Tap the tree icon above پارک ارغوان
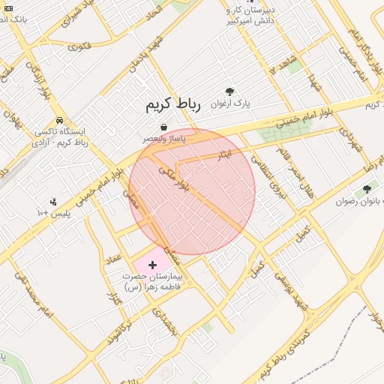(229, 91)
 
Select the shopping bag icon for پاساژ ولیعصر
(163, 128)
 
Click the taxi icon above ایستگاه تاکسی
(59, 120)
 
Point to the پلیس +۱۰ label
(53, 214)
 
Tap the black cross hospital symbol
(153, 265)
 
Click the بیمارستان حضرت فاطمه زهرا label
(156, 282)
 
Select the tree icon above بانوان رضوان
(367, 189)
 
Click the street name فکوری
(79, 46)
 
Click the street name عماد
(114, 259)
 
